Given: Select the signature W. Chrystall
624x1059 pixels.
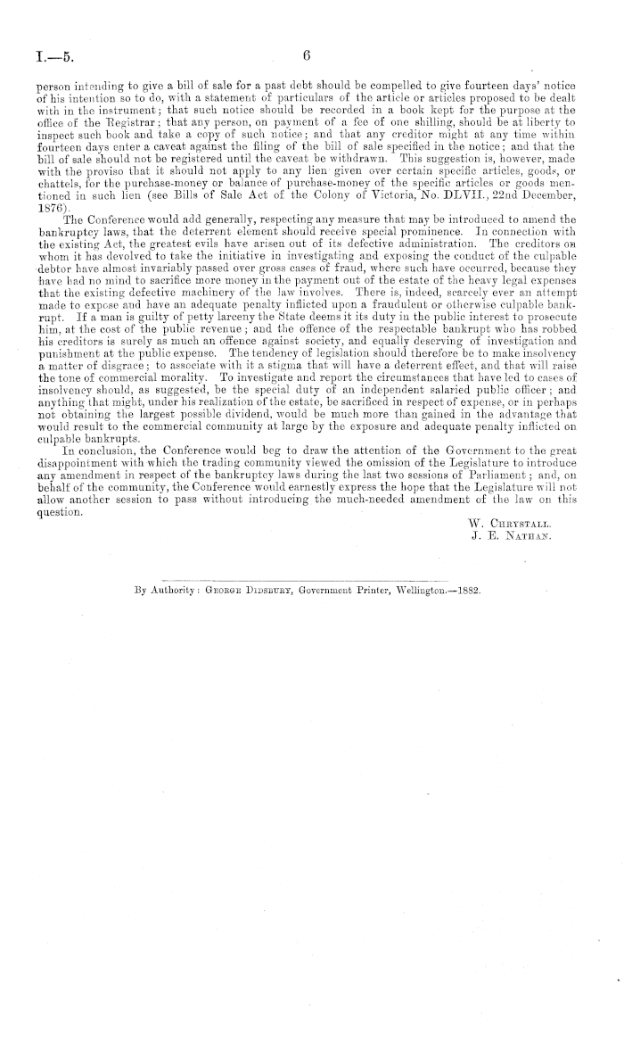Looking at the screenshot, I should (x=508, y=518).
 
